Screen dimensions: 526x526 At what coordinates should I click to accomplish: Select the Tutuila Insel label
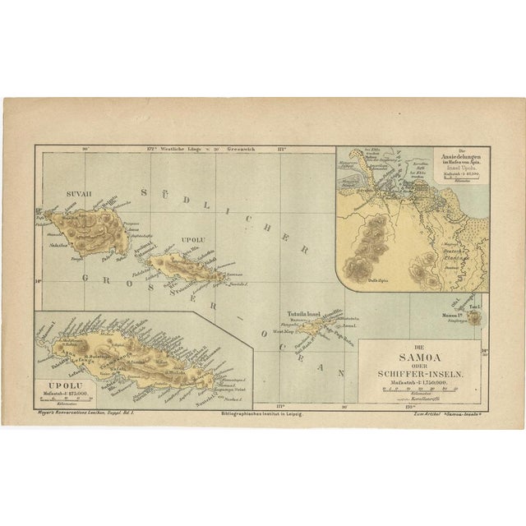pos(302,314)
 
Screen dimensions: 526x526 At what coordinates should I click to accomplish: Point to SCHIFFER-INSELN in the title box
pos(421,373)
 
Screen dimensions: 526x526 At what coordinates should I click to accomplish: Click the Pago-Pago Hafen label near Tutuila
pos(337,331)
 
